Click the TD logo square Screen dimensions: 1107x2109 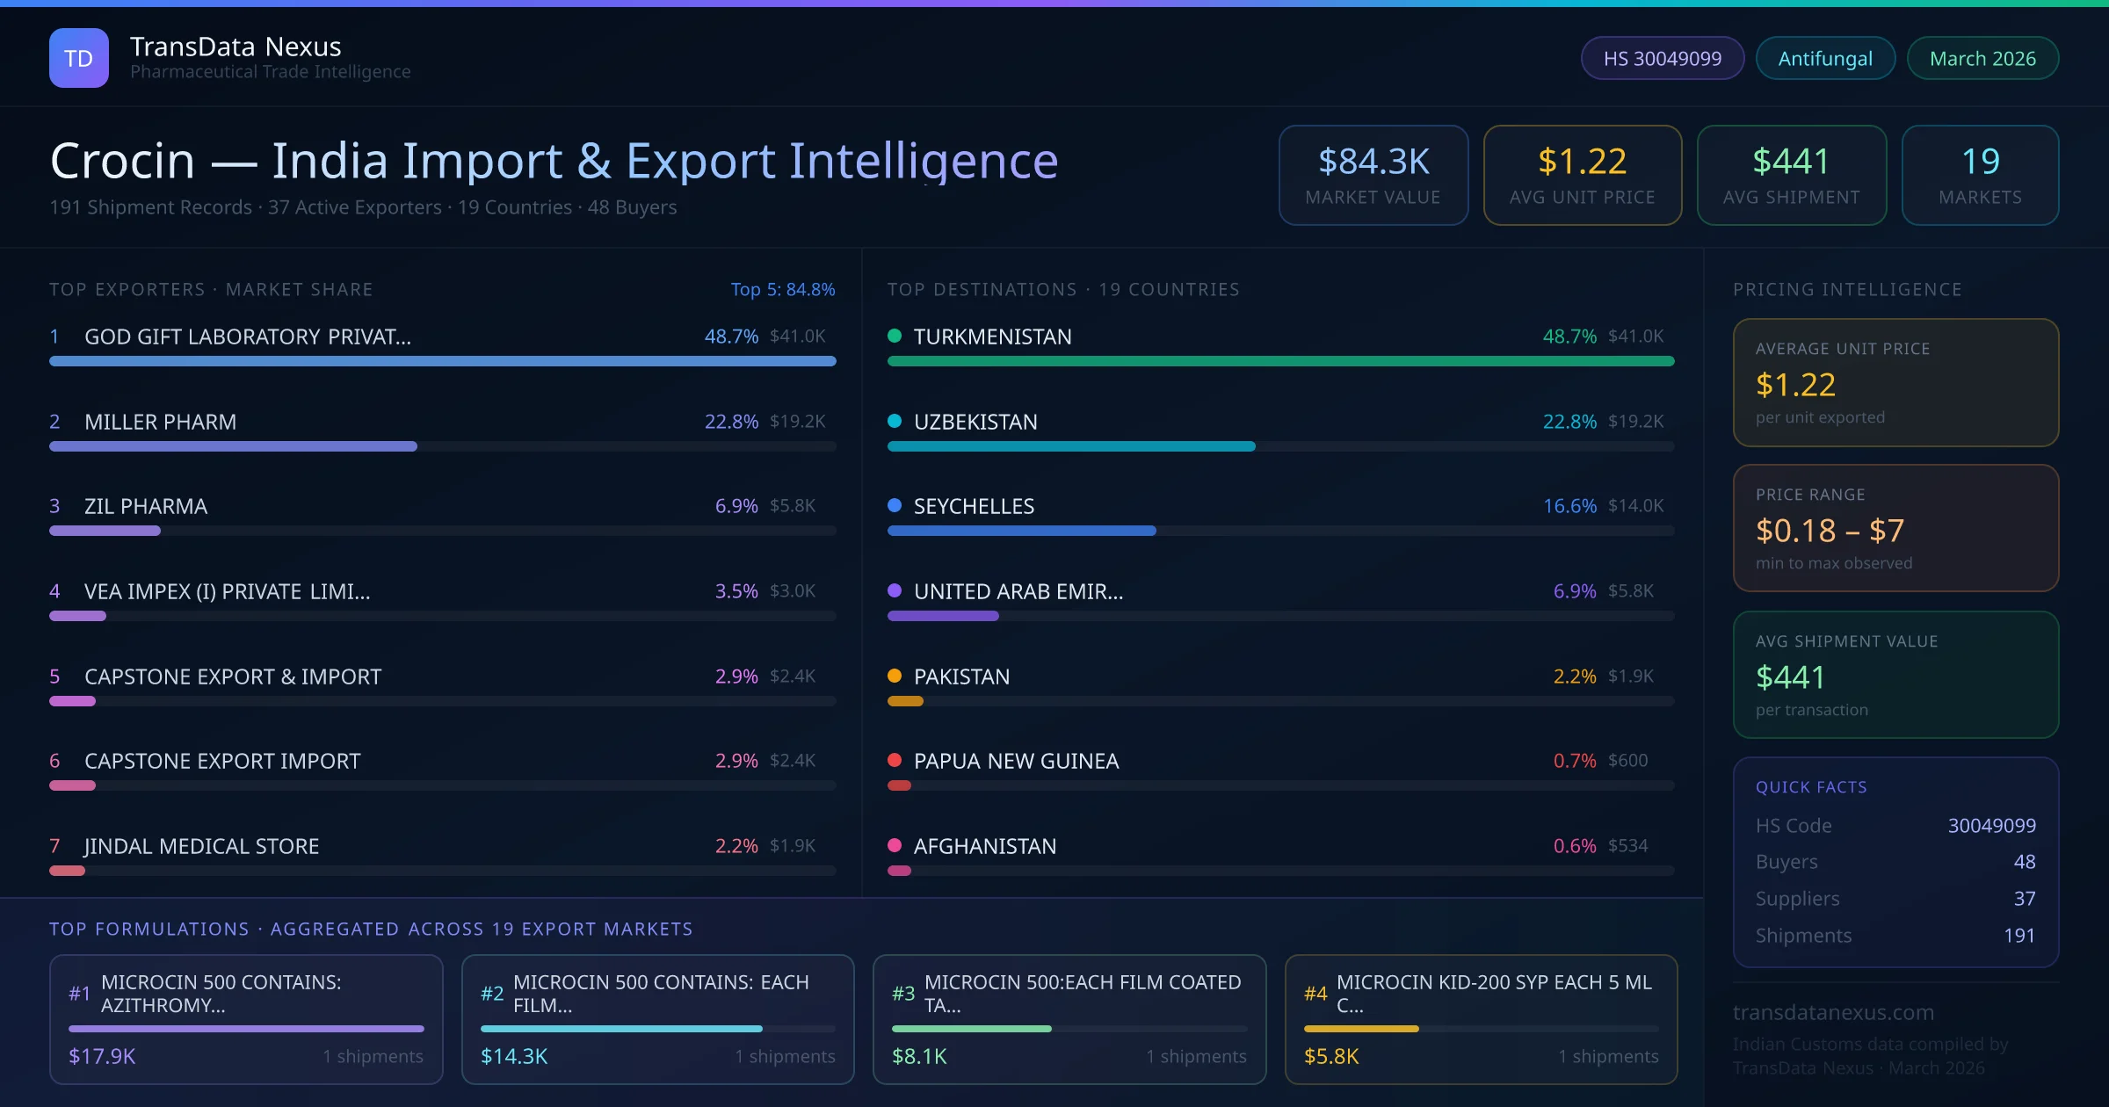coord(78,58)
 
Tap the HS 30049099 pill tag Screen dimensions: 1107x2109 coord(1662,58)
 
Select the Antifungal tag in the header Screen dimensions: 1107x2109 coord(1824,58)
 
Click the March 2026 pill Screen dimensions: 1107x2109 coord(1982,58)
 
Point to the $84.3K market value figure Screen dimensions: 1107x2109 coord(1373,162)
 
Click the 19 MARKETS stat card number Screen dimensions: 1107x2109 coord(1980,162)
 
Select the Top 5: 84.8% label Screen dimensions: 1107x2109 coord(782,289)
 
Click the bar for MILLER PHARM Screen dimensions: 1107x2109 coord(233,446)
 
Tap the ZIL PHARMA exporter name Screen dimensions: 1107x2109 coord(146,506)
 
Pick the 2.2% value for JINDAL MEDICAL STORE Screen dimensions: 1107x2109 coord(736,846)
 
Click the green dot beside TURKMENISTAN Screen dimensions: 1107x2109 coord(895,336)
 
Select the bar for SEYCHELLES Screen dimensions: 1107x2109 coord(1021,531)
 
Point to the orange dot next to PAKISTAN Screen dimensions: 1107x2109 coord(895,676)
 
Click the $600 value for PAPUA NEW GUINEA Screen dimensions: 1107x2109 coord(1627,761)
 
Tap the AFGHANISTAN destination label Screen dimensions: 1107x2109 coord(984,846)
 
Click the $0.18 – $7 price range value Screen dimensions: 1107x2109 coord(1829,531)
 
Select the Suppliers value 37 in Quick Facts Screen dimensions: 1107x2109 coord(2024,898)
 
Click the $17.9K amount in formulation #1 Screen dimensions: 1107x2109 coord(102,1056)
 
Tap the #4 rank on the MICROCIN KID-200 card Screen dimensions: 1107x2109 coord(1315,994)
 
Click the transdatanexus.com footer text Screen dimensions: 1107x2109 coord(1832,1012)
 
